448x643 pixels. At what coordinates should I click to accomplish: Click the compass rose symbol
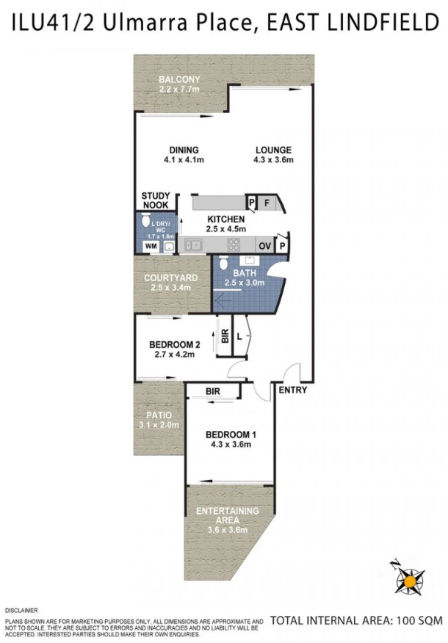click(x=408, y=579)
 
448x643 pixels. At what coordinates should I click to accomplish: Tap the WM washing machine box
click(x=151, y=247)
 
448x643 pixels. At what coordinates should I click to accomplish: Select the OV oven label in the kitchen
click(x=265, y=246)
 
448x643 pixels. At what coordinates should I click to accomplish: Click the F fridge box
click(x=267, y=203)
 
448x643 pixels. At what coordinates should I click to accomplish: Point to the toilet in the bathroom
click(x=223, y=263)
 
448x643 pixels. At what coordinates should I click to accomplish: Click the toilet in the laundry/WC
click(x=145, y=219)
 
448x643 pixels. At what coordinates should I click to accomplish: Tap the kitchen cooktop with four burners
click(x=234, y=244)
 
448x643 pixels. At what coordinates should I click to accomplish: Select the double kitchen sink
click(x=193, y=245)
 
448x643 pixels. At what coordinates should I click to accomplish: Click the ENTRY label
click(x=292, y=390)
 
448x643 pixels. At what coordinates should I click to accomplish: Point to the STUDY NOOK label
click(x=156, y=200)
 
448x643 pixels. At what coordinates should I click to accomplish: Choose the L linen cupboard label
click(x=239, y=337)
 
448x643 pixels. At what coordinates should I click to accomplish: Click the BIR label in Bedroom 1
click(x=213, y=392)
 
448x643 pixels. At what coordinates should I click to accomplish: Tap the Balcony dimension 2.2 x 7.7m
click(x=179, y=89)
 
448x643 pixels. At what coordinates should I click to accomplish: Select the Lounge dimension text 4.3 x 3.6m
click(x=274, y=159)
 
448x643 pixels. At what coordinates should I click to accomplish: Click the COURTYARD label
click(x=170, y=277)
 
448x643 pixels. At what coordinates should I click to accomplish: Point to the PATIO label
click(x=159, y=415)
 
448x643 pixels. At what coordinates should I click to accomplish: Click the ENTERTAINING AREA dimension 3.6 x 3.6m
click(x=228, y=530)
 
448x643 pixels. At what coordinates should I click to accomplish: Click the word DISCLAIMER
click(x=21, y=611)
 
